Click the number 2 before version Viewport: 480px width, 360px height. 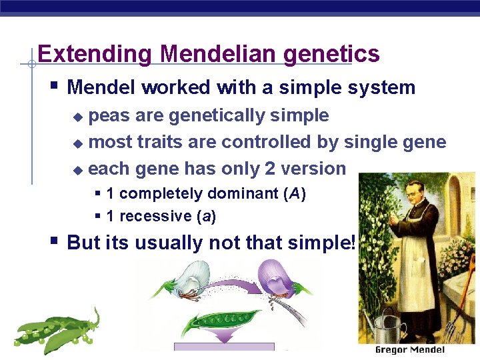[269, 169]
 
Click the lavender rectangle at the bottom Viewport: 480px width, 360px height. [224, 347]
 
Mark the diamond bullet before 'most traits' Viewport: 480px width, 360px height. [78, 143]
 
